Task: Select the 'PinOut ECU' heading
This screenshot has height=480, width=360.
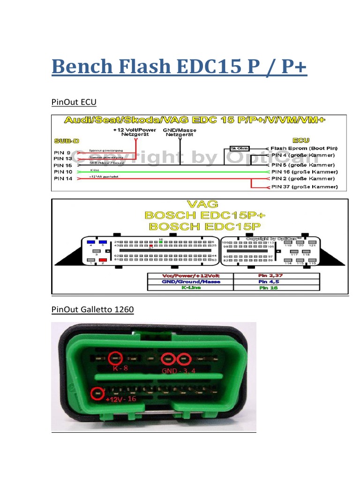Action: (73, 102)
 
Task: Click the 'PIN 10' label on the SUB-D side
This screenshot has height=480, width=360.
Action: (63, 172)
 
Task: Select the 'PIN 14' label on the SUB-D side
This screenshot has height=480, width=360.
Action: (63, 179)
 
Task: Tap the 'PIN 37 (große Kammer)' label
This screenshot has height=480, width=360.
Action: (304, 187)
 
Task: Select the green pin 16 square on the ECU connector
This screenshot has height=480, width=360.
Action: (161, 242)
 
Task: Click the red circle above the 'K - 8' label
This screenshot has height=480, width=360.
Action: (114, 359)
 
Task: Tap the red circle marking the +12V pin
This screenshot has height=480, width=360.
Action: (97, 393)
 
